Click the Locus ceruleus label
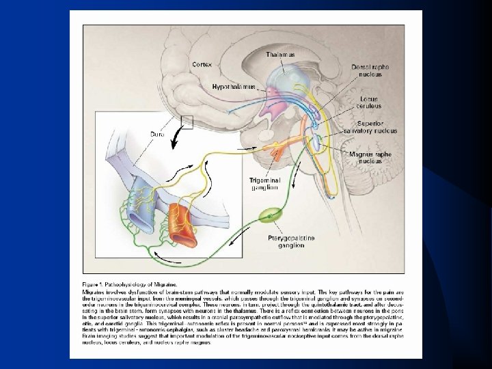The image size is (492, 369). [369, 102]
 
